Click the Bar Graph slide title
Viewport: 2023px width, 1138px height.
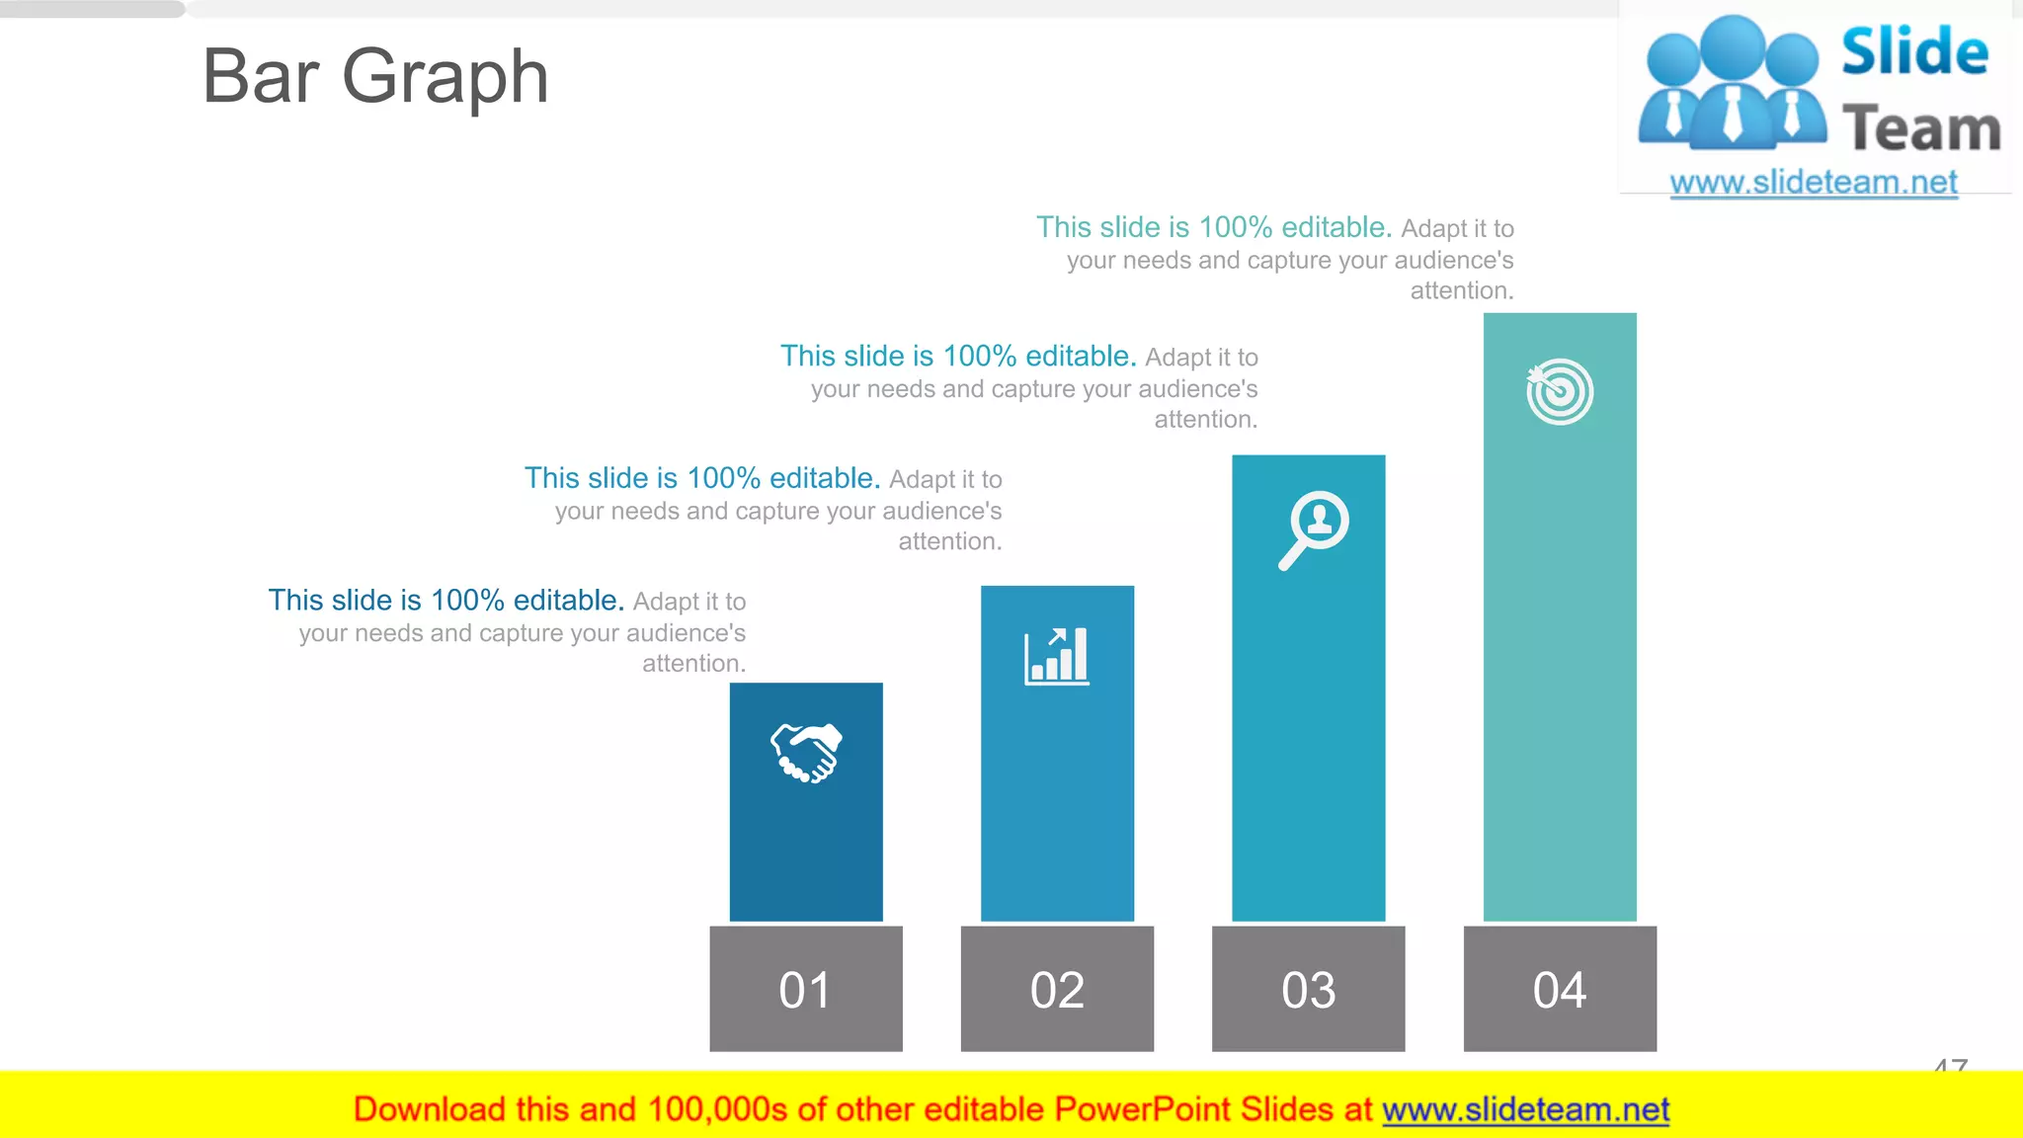[375, 77]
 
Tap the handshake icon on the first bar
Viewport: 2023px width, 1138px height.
[806, 753]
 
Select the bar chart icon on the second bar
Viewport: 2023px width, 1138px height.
[1057, 656]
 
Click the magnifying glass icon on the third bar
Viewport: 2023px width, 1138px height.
[1313, 529]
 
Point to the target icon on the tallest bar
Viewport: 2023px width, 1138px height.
[1560, 391]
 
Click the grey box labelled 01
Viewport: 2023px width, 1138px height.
[806, 989]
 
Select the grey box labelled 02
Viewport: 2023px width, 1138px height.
[1057, 989]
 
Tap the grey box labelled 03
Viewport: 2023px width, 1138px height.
[1308, 989]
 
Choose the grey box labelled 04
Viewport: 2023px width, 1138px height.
[1560, 989]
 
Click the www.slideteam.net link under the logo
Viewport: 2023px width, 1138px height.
[1814, 183]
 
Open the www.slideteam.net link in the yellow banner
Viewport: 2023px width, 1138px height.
[1525, 1110]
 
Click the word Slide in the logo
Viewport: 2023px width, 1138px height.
[1914, 51]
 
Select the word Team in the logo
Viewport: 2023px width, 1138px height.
[1921, 129]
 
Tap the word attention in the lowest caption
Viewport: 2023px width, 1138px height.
[691, 664]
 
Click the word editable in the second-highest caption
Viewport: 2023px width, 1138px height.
[1079, 356]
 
